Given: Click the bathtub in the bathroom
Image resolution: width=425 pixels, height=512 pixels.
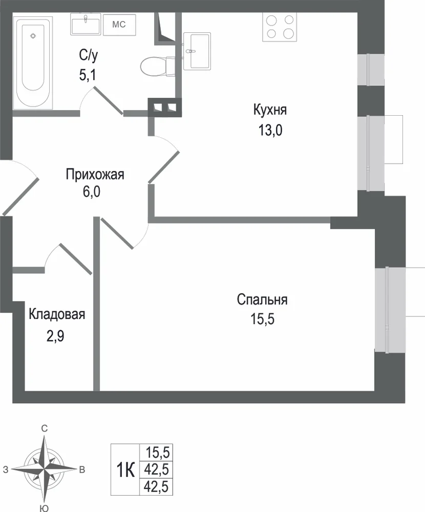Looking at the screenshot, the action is (x=33, y=62).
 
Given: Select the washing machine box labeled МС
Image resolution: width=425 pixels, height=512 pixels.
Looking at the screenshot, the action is (x=119, y=25).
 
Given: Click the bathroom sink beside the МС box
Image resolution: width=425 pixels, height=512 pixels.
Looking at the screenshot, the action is (x=85, y=24).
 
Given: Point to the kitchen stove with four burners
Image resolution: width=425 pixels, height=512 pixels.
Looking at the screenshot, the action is (x=280, y=27).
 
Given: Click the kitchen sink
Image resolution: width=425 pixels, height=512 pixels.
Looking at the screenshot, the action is (x=197, y=51).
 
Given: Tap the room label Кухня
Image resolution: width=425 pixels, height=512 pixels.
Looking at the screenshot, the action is (x=270, y=111).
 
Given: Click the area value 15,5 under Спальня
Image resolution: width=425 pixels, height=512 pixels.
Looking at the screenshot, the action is (x=262, y=318).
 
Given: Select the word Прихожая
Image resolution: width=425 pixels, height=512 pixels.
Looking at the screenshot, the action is (x=95, y=175).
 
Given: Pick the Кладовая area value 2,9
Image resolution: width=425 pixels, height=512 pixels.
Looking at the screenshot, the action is (x=55, y=336).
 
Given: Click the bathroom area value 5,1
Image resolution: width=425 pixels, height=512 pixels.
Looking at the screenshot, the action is (x=87, y=75).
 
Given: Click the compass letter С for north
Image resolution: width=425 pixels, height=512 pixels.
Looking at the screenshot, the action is (x=44, y=429).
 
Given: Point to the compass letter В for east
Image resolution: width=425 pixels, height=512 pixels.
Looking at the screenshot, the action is (x=82, y=470).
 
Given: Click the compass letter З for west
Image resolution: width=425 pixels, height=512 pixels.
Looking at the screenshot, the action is (x=6, y=470).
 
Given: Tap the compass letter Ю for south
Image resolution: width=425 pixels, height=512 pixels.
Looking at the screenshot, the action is (x=44, y=508).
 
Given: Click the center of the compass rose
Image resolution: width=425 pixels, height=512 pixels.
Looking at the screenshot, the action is (x=44, y=470).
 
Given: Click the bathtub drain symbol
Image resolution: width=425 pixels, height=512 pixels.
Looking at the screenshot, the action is (x=33, y=36).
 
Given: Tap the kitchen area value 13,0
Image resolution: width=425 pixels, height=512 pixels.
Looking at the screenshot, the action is (x=270, y=130).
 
